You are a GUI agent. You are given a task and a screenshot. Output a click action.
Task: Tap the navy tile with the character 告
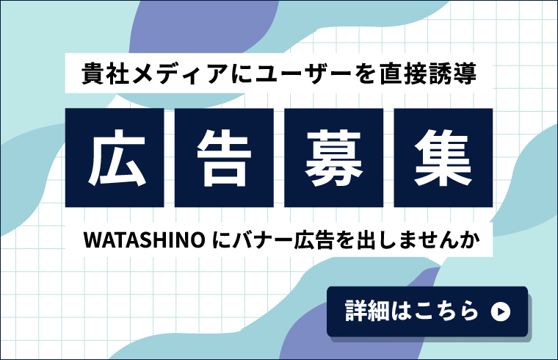(224, 157)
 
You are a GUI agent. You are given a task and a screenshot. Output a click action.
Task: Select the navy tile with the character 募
(333, 157)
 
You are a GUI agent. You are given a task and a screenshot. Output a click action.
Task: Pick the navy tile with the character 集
(443, 157)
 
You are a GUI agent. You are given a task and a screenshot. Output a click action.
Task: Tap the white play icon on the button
(499, 312)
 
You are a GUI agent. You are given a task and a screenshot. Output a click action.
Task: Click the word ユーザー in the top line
(280, 73)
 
